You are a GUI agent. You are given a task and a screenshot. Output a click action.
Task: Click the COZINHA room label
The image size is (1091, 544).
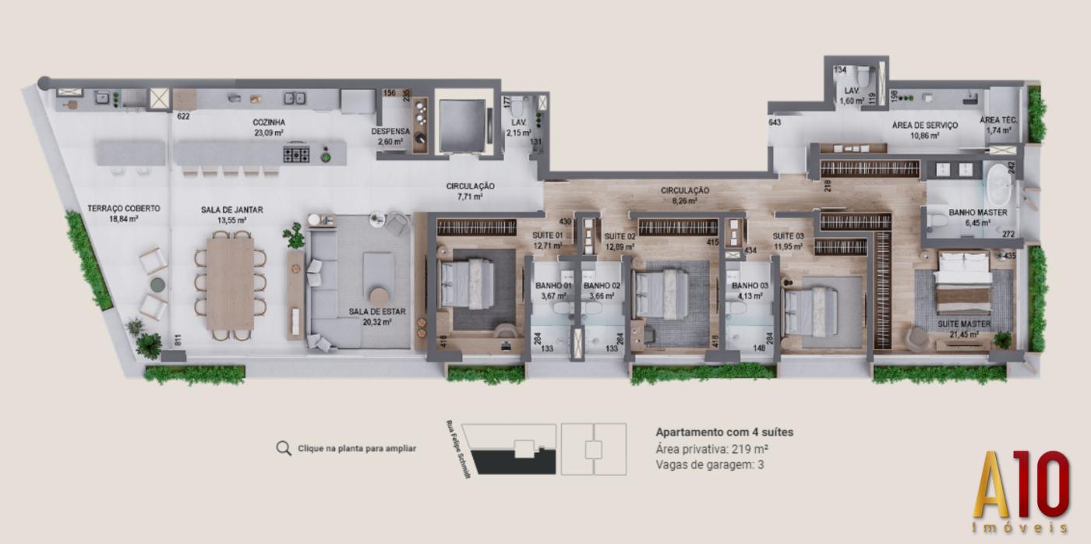(x=268, y=122)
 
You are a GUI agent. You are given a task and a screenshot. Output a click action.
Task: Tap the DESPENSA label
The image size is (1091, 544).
(x=390, y=132)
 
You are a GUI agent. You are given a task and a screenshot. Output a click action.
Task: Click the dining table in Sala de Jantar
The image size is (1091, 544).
(x=230, y=284)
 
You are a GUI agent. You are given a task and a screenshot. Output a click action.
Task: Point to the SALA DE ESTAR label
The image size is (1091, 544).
(x=370, y=312)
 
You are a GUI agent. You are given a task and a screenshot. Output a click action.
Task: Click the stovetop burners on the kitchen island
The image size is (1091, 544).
(x=296, y=154)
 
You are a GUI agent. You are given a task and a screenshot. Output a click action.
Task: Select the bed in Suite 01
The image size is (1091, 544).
(x=467, y=284)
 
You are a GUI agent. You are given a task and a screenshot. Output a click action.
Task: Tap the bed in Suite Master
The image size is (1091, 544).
(x=964, y=282)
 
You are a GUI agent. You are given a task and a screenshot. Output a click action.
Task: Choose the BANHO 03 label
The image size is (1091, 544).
(x=750, y=286)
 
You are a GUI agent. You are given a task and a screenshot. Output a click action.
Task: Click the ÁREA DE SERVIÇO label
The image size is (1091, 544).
(x=925, y=125)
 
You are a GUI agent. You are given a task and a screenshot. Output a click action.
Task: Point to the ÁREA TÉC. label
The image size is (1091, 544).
(x=999, y=120)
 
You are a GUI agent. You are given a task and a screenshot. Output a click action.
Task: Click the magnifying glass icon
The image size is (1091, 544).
(x=284, y=448)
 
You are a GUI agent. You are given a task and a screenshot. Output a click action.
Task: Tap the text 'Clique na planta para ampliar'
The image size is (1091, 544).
(x=357, y=449)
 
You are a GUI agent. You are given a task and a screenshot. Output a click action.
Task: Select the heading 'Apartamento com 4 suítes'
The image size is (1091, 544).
(x=724, y=432)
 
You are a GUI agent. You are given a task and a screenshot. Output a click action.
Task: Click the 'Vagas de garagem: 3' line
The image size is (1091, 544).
(x=709, y=465)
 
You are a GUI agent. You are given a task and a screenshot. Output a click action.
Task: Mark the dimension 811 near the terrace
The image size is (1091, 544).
(x=179, y=340)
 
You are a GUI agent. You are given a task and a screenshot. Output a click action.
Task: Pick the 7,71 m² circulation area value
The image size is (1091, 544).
(x=470, y=198)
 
